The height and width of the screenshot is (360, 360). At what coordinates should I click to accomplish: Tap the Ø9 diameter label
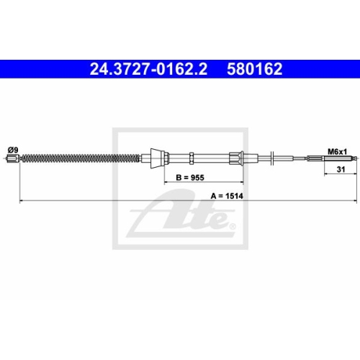[x=12, y=149]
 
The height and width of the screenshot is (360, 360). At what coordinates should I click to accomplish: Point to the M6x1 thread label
[x=338, y=152]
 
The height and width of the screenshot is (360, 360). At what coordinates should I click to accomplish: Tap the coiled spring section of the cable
[x=79, y=158]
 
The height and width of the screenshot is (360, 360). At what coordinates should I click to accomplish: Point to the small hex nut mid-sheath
[x=192, y=158]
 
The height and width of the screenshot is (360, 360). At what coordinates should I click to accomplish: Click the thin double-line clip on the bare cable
[x=273, y=158]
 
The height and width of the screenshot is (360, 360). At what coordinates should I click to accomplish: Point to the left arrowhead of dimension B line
[x=166, y=183]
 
